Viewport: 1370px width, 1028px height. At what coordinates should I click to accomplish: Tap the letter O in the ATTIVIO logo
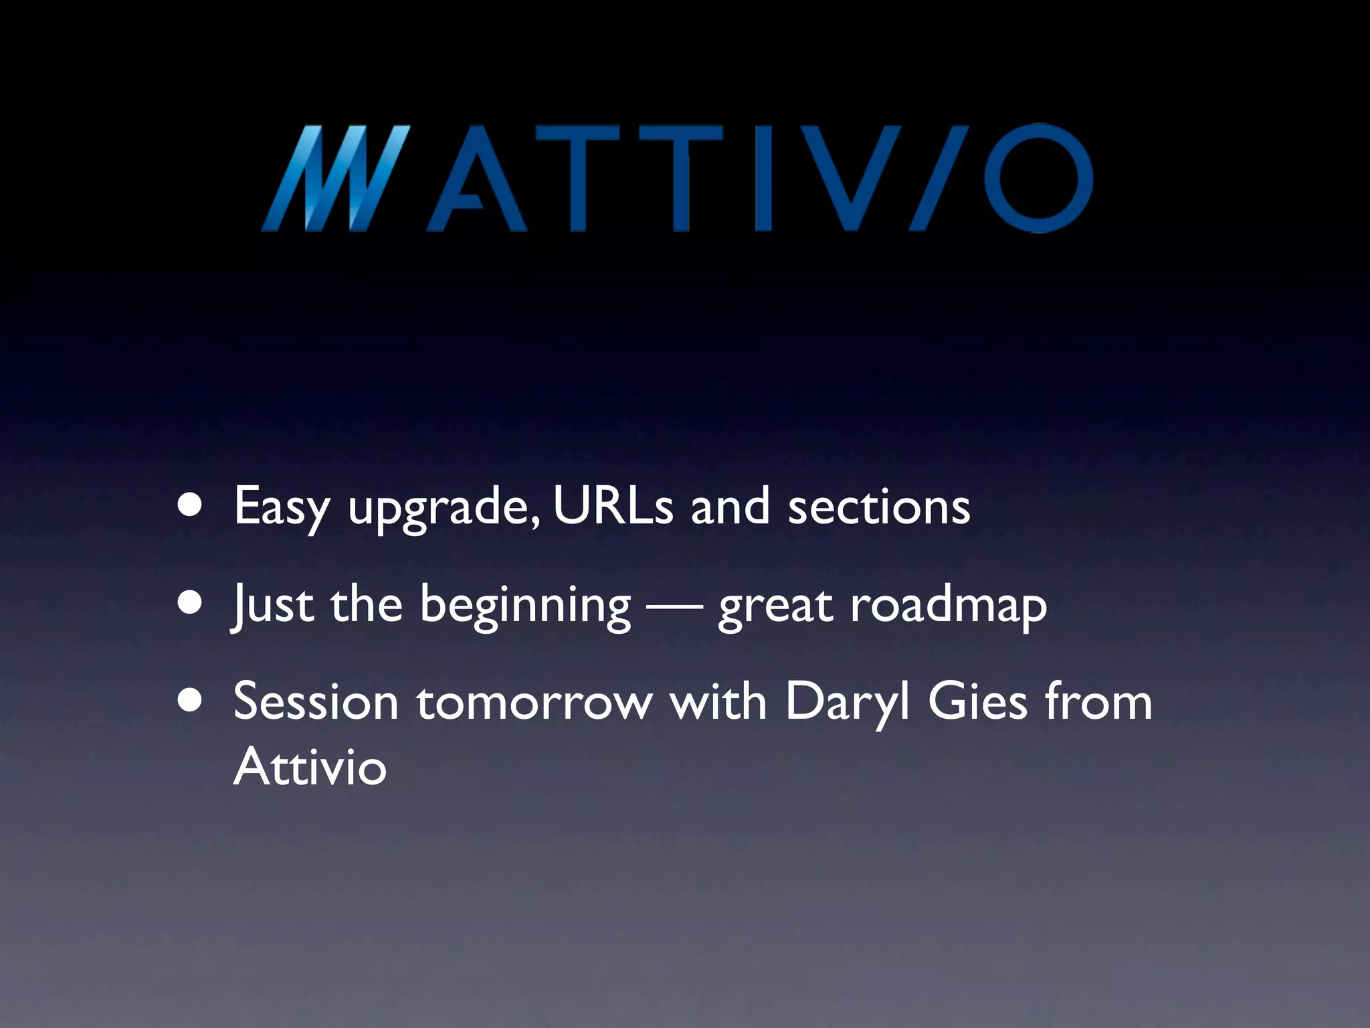point(1038,179)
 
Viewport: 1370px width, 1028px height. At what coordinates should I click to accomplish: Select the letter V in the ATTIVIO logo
point(852,179)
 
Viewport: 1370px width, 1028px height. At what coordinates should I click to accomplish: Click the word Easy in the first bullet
point(282,507)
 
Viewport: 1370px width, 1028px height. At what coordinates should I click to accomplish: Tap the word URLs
point(613,506)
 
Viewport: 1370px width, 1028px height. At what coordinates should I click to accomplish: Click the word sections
point(878,506)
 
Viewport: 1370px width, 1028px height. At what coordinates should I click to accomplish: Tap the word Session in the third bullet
point(316,702)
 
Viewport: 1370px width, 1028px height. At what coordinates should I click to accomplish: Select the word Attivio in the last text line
point(310,766)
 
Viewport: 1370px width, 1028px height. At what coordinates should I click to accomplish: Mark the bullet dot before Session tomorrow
point(191,701)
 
